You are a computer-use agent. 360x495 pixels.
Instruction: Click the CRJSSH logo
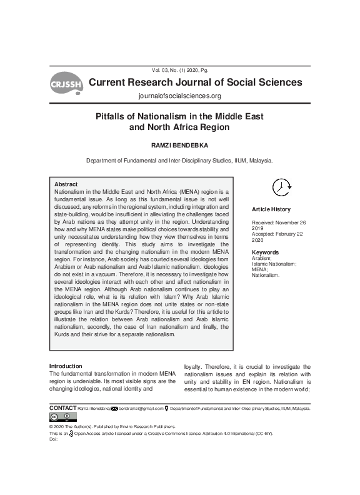pyautogui.click(x=65, y=84)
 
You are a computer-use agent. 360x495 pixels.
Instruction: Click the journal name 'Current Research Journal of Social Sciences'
pyautogui.click(x=196, y=82)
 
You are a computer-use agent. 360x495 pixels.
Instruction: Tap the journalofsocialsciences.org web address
pyautogui.click(x=179, y=96)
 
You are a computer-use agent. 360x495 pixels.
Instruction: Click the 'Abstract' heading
pyautogui.click(x=66, y=185)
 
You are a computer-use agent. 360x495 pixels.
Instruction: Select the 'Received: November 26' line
pyautogui.click(x=278, y=222)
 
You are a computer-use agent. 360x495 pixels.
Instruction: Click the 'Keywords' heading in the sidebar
pyautogui.click(x=265, y=252)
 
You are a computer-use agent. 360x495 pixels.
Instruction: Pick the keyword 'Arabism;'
pyautogui.click(x=262, y=258)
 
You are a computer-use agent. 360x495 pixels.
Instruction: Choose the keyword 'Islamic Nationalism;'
pyautogui.click(x=274, y=264)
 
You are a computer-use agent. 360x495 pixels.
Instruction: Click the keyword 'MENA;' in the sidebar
pyautogui.click(x=259, y=270)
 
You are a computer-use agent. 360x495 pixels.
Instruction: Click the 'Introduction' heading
pyautogui.click(x=66, y=366)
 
